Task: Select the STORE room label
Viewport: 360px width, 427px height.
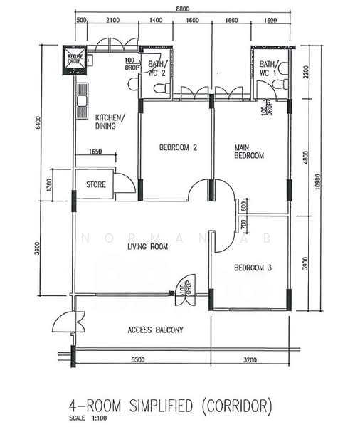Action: coord(96,184)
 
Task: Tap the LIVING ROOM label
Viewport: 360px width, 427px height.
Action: coord(147,247)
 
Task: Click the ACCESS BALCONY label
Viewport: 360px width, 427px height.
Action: coord(155,330)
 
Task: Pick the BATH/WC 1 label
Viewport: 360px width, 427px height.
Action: coord(268,68)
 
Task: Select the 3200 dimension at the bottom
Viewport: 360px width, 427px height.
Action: coord(250,361)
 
